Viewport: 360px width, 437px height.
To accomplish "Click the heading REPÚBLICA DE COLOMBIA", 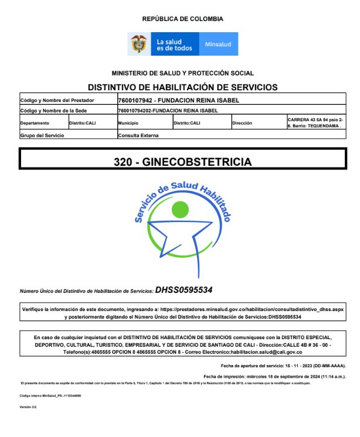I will click(x=182, y=19).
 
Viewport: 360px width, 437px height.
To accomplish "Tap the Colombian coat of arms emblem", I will click(x=139, y=44).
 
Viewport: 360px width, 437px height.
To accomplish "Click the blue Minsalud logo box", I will click(x=218, y=44).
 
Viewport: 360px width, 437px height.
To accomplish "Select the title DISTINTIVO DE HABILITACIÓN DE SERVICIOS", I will click(x=182, y=87).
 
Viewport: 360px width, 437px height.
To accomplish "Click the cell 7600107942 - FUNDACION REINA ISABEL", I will click(x=179, y=100).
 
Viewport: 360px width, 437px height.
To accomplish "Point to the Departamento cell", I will click(x=35, y=124).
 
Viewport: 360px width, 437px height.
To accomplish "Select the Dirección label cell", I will click(x=242, y=124).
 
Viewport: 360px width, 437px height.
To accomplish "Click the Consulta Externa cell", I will click(x=138, y=135).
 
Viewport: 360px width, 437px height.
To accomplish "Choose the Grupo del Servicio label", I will click(x=42, y=135).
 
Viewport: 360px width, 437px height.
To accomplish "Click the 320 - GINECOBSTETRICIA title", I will click(x=182, y=161).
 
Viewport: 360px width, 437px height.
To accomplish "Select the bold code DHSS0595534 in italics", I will click(x=184, y=290).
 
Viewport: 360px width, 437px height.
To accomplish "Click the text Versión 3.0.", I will click(x=28, y=406).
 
